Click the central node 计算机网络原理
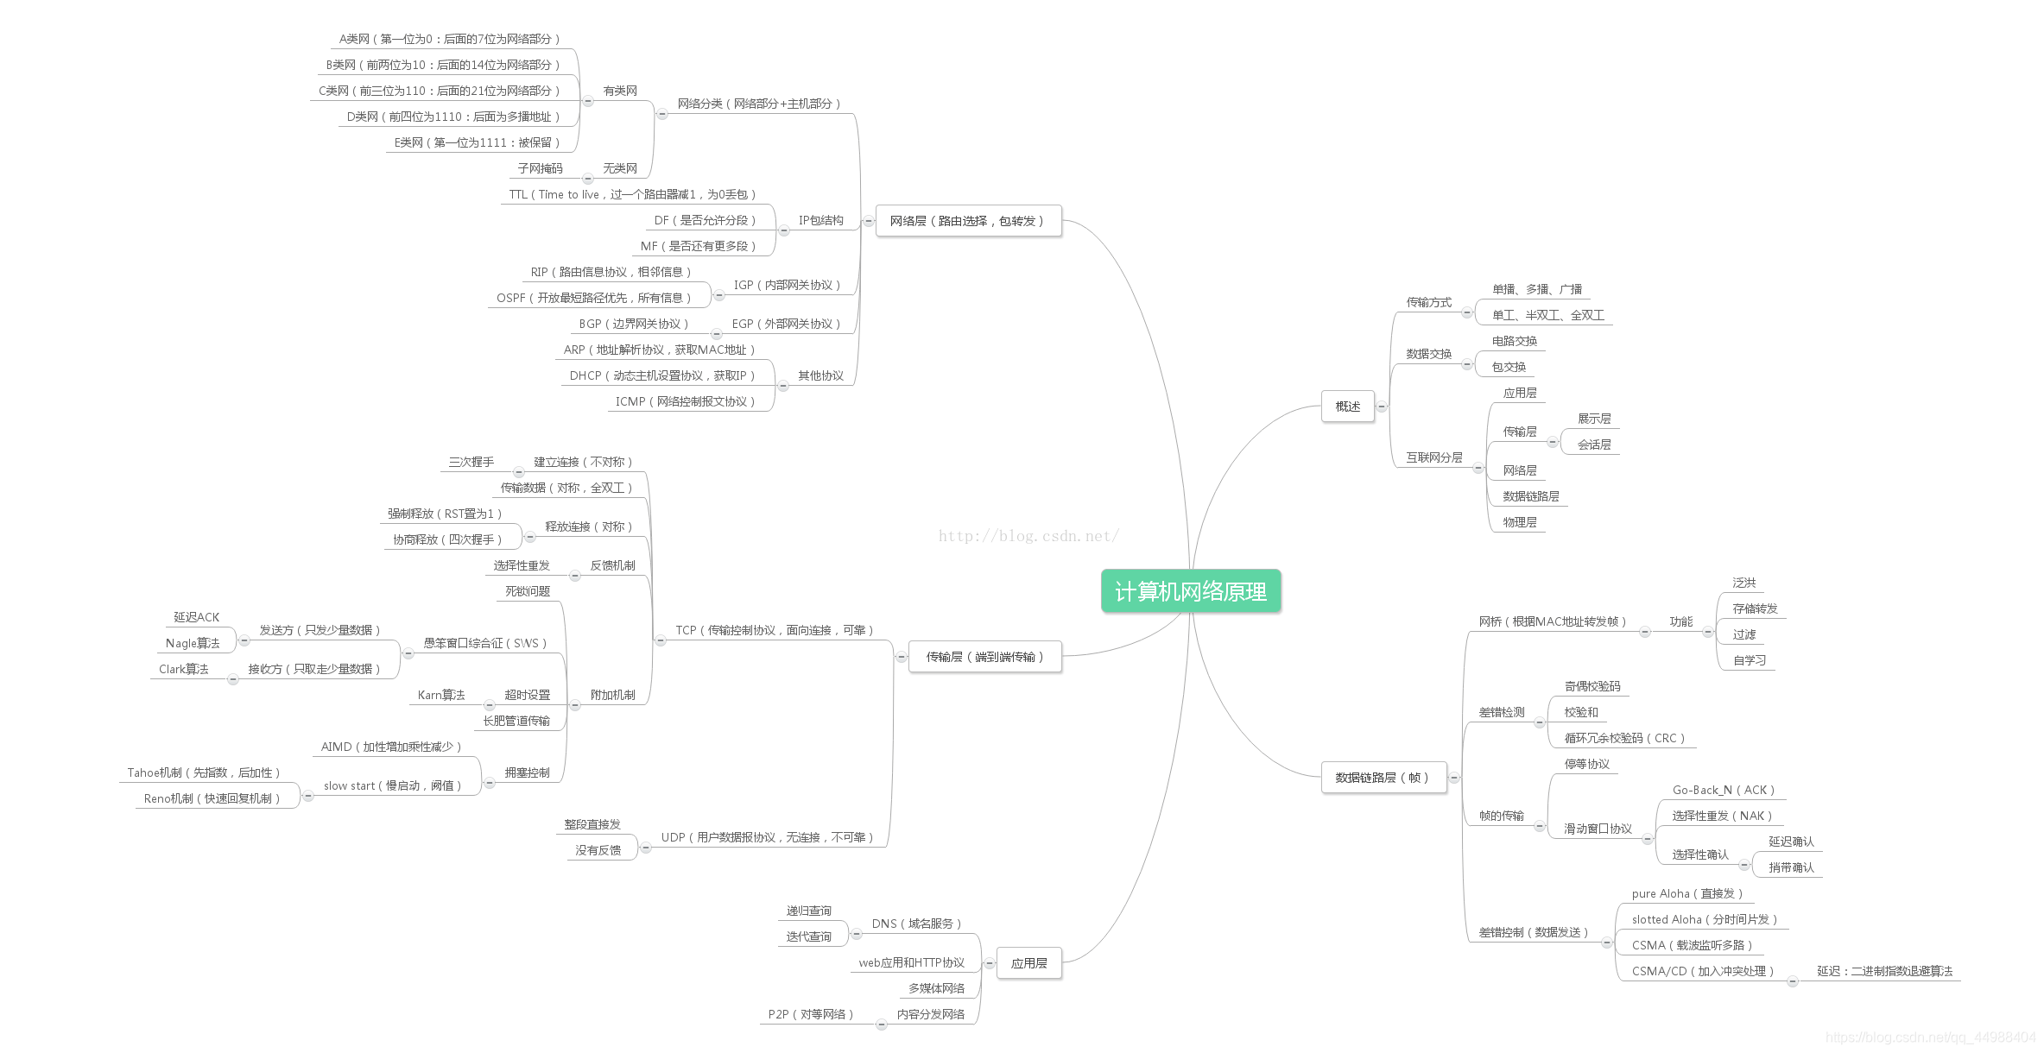tap(1190, 591)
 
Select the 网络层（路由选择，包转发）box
tap(967, 221)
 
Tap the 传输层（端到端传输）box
tap(984, 657)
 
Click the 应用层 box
tap(1028, 963)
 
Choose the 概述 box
tap(1347, 407)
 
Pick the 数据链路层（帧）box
tap(1383, 778)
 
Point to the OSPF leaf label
tap(593, 298)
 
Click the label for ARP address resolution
tap(659, 350)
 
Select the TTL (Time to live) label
tap(632, 194)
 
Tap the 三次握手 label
tap(471, 462)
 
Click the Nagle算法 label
tap(193, 643)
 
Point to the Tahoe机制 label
tap(203, 772)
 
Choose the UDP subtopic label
tap(767, 837)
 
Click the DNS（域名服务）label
tap(916, 924)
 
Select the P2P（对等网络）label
tap(810, 1014)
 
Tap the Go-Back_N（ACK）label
tap(1723, 790)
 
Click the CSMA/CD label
tap(1702, 971)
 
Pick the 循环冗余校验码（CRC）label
tap(1624, 738)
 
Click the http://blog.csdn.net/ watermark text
tap(1028, 536)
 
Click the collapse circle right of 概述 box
tap(1382, 407)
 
